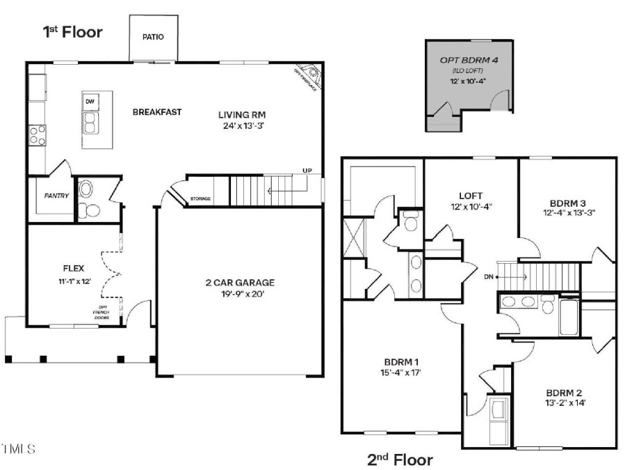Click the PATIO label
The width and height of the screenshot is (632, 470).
[x=153, y=37]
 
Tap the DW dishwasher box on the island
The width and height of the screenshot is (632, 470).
[x=90, y=102]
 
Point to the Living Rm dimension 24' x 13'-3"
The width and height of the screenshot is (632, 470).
[x=242, y=126]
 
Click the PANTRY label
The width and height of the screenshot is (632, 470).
[x=56, y=196]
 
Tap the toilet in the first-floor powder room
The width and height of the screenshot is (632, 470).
[x=86, y=190]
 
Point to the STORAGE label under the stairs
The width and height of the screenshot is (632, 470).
[x=200, y=199]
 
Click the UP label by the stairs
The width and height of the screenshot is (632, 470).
[x=307, y=171]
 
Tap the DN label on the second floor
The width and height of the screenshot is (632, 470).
[x=489, y=276]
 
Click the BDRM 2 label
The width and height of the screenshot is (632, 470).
[x=564, y=392]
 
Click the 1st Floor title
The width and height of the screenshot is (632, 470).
[x=74, y=32]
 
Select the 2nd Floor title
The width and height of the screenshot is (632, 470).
[x=400, y=460]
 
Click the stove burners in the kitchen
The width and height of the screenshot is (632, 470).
[x=38, y=134]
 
